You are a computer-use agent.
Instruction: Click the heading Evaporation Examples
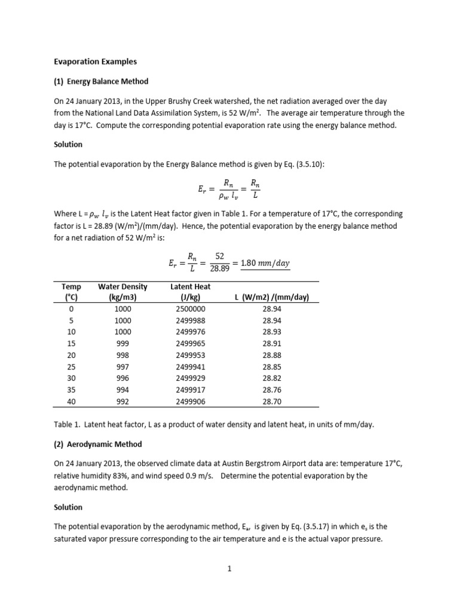tap(95, 61)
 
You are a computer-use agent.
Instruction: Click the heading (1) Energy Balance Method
tap(101, 81)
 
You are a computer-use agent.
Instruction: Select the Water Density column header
tap(123, 292)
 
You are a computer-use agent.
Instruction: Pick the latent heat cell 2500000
tap(191, 309)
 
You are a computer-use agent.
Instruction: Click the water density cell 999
tap(123, 344)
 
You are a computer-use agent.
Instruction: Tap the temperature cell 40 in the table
tap(72, 402)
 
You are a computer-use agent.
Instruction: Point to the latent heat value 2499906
tap(191, 402)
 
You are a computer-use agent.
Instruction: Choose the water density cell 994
tap(123, 390)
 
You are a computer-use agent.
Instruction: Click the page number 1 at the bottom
tap(229, 569)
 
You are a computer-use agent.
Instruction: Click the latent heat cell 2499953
tap(191, 355)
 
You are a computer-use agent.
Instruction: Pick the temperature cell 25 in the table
tap(72, 366)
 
